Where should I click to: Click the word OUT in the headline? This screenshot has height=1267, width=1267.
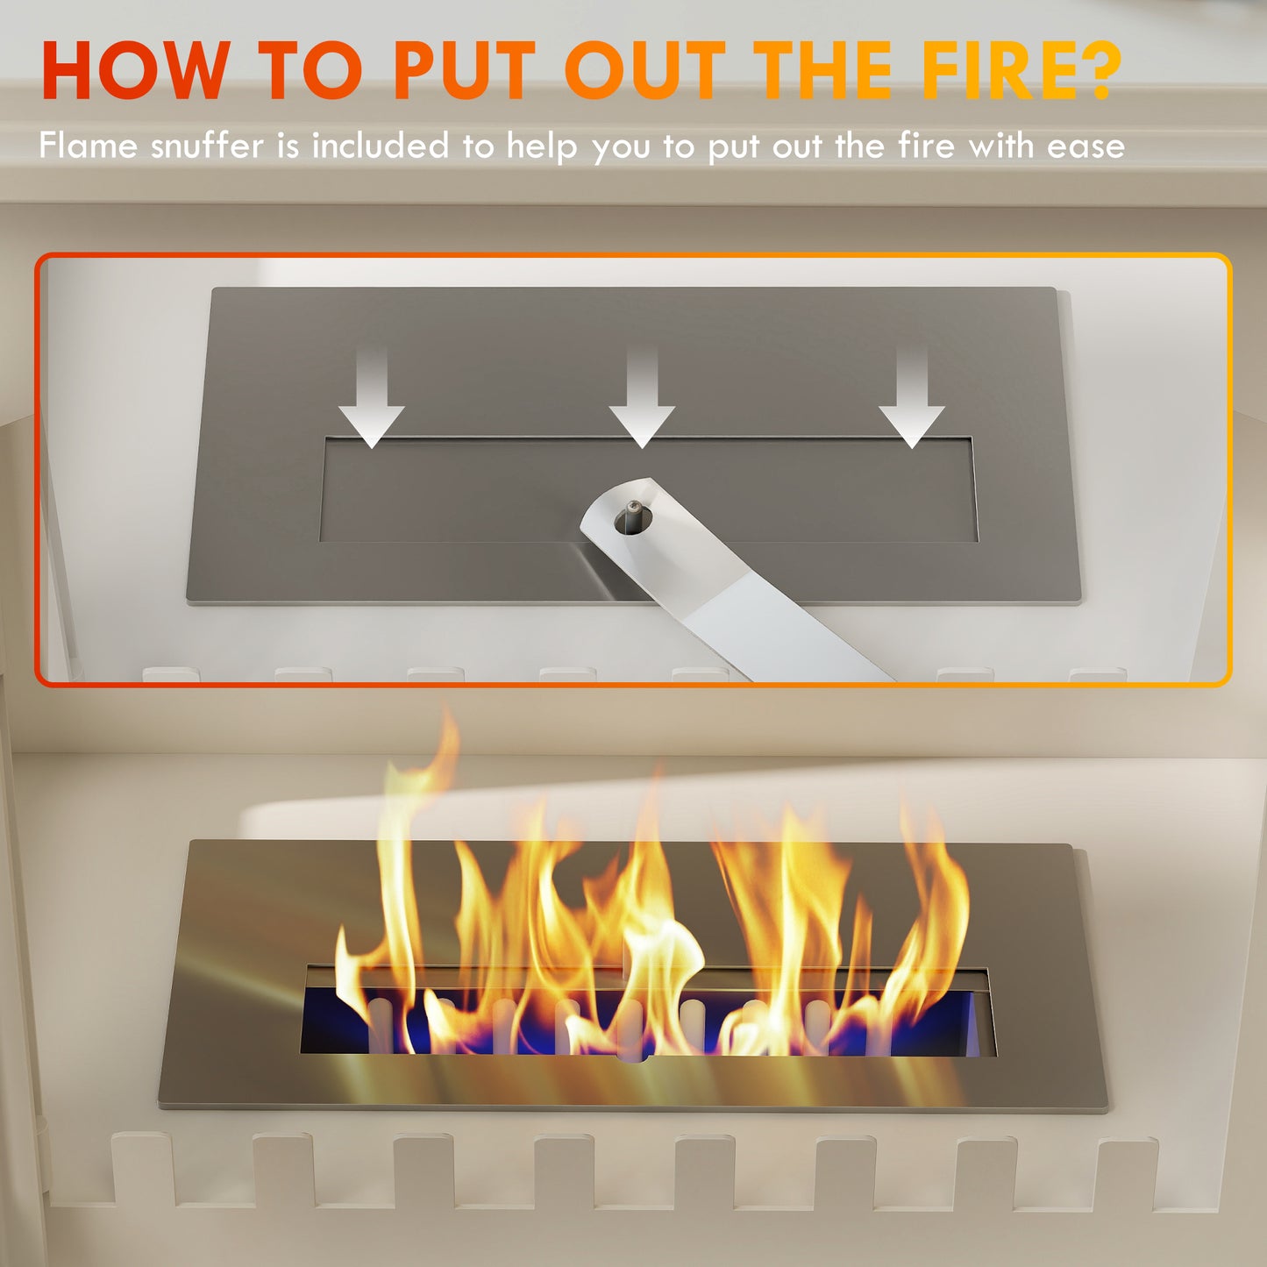tap(645, 70)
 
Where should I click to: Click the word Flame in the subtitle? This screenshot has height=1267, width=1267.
tap(88, 146)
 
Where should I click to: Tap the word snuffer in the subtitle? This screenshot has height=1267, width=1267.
tap(207, 146)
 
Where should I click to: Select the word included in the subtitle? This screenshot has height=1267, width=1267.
tap(381, 146)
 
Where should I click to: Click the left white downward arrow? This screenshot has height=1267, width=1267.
tap(372, 399)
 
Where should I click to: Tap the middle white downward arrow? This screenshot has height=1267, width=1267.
tap(642, 399)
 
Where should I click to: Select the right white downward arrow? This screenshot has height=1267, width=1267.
tap(912, 399)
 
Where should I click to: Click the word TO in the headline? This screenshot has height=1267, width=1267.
tap(311, 70)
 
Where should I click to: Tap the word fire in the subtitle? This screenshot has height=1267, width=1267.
tap(925, 146)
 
